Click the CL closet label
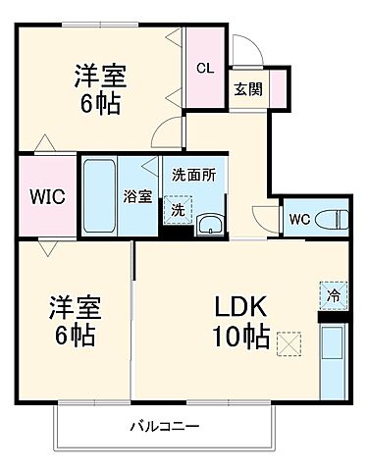point(204,68)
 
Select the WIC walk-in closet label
point(46,195)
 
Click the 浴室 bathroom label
point(136,195)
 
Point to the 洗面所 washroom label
point(193,175)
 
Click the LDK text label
point(241,305)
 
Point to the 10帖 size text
point(241,336)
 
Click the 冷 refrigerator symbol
point(333,294)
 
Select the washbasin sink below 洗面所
point(209,224)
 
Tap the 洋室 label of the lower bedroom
point(74,306)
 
